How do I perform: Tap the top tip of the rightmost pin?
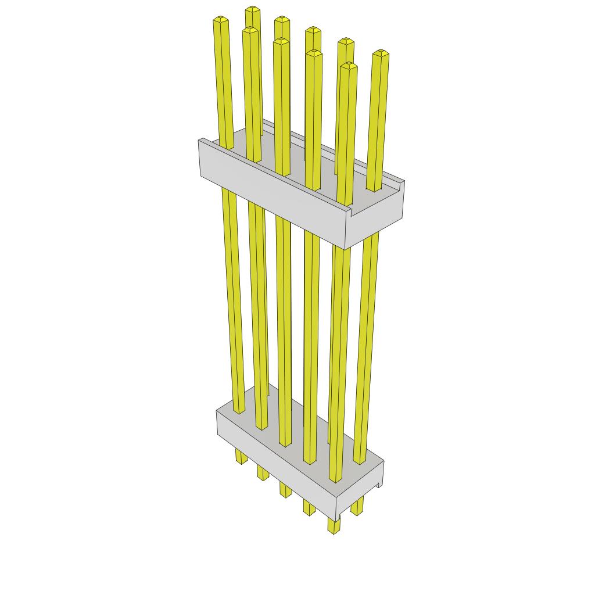381,53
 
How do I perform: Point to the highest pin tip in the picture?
252,9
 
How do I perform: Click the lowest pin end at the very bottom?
334,530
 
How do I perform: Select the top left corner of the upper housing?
200,140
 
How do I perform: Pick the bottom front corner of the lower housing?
339,519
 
